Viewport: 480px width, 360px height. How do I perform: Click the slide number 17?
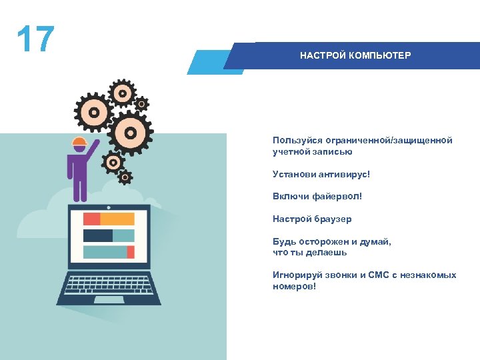pos(35,40)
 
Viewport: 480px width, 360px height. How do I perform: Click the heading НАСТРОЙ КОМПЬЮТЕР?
pos(355,55)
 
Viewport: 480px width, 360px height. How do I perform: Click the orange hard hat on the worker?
pos(79,141)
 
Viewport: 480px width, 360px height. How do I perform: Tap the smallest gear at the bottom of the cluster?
pos(125,177)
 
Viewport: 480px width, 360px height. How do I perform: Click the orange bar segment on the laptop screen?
pos(117,219)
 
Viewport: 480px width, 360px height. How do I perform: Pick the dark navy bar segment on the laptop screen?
pos(97,235)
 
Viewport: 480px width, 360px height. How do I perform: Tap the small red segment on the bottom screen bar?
pos(131,252)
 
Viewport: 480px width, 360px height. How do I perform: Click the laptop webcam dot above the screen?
pos(109,207)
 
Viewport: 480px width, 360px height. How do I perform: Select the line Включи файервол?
pos(317,196)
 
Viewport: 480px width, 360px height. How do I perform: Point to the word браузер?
pos(331,219)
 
